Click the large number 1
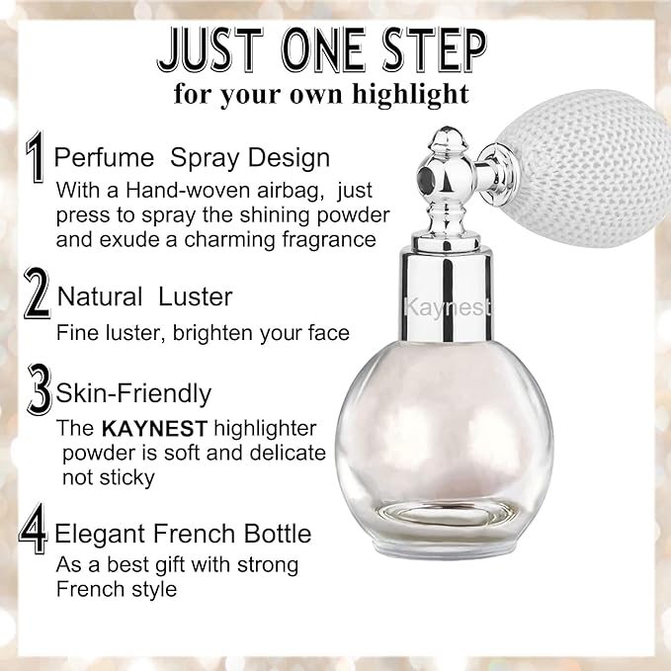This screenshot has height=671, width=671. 37,159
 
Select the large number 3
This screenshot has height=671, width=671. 40,392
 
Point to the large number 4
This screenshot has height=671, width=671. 35,532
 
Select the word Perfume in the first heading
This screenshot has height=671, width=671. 103,158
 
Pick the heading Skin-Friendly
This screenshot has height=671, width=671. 133,393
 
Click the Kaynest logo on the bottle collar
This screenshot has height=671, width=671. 448,308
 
